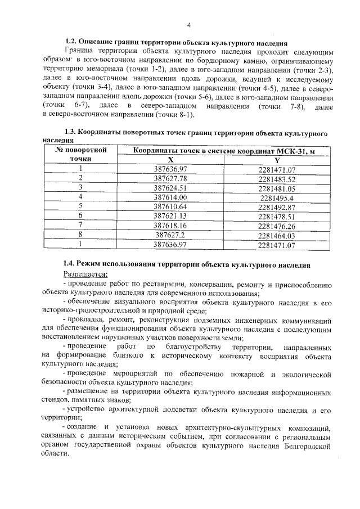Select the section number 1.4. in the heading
(x=70, y=264)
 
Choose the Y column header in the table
(x=277, y=160)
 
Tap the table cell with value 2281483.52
(x=277, y=178)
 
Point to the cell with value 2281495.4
(x=277, y=197)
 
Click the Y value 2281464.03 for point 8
(x=277, y=236)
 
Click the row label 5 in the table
(x=81, y=206)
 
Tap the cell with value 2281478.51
(x=277, y=216)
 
